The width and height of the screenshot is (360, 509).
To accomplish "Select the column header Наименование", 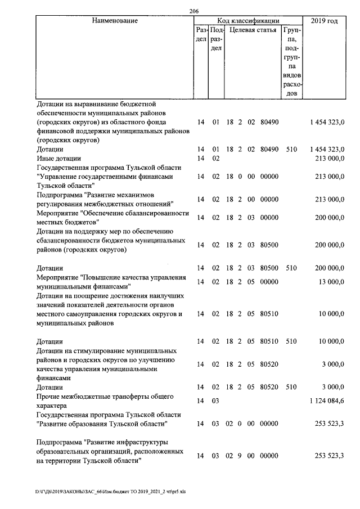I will point(115,21).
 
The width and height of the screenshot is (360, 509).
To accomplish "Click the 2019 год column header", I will point(325,21).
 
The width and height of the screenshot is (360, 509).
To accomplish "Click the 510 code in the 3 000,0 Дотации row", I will point(291,388).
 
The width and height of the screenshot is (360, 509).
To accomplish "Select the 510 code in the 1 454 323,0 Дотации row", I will point(291,150).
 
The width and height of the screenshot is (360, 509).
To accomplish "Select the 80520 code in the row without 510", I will point(269,364).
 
